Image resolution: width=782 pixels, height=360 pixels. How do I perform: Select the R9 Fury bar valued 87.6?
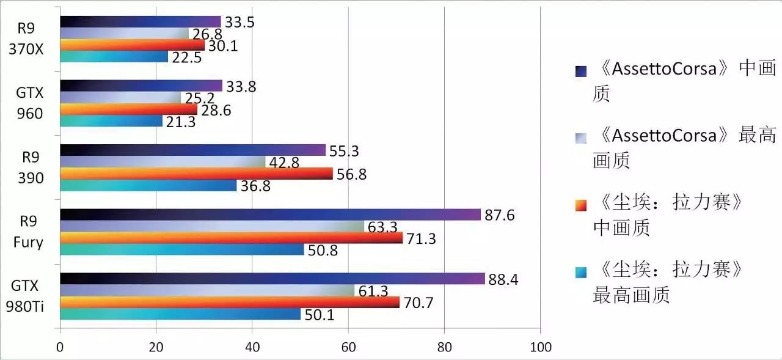(270, 215)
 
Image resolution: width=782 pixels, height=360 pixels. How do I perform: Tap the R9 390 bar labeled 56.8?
(196, 174)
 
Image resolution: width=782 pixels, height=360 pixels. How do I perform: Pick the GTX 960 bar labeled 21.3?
(111, 121)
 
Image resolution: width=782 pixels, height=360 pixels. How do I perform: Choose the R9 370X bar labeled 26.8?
(125, 33)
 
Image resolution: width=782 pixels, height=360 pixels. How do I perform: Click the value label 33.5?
(239, 22)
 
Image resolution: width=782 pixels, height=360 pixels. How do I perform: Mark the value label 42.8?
(283, 162)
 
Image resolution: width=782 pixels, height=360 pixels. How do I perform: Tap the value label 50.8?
(323, 250)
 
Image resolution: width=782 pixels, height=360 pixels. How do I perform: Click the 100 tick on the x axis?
(540, 348)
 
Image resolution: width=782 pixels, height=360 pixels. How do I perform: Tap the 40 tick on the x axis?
(252, 348)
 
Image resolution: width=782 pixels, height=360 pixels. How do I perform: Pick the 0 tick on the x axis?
(60, 348)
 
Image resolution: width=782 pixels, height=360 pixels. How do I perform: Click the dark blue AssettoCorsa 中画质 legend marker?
(580, 71)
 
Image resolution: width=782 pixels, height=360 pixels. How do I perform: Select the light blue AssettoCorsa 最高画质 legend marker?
(580, 138)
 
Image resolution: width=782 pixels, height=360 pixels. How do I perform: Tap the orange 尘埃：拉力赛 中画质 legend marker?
(580, 205)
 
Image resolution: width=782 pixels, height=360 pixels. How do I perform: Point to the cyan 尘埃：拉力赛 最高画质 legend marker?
(580, 271)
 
